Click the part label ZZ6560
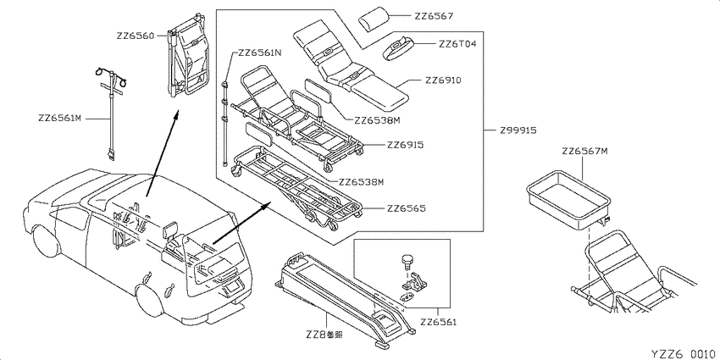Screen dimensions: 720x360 tap(136, 36)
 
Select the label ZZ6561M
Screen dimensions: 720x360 tap(59, 119)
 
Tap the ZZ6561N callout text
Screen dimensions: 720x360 tap(260, 53)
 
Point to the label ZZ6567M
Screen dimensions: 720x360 tap(585, 151)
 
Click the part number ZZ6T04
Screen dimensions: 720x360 tap(457, 44)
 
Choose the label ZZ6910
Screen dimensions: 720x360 tap(443, 80)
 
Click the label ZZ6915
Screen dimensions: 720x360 tap(405, 145)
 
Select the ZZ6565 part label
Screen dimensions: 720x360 tap(407, 208)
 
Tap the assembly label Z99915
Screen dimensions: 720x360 tap(518, 130)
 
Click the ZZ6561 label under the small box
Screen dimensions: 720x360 tap(439, 323)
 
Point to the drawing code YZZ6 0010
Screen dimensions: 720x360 tap(683, 353)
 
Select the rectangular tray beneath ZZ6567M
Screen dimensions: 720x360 tap(568, 199)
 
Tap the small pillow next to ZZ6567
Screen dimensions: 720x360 tap(374, 19)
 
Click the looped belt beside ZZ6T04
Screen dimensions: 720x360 tap(398, 47)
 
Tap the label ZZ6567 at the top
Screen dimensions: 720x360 tap(434, 16)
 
